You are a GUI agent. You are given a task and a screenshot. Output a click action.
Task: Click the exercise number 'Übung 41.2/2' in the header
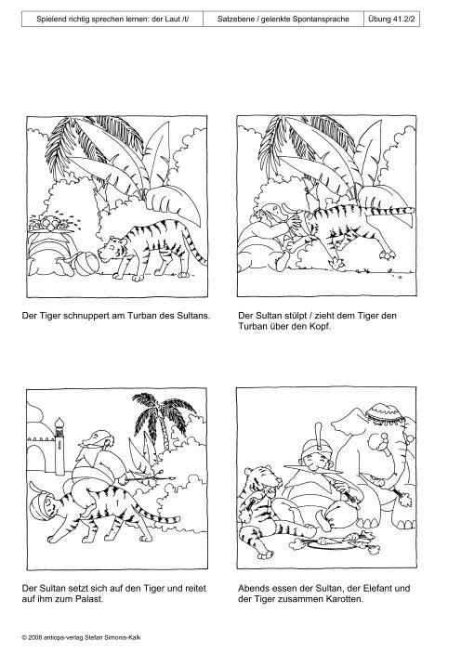391,20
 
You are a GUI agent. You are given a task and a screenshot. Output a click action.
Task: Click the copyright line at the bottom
81,636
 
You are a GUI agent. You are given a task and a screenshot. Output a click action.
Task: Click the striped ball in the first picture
86,265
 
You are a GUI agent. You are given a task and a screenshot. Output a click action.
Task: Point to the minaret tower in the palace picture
59,446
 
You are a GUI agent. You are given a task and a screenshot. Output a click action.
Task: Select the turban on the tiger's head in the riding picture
40,504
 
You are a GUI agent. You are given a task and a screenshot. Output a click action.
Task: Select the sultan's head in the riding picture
96,440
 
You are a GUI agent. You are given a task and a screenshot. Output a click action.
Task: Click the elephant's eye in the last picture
384,437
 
